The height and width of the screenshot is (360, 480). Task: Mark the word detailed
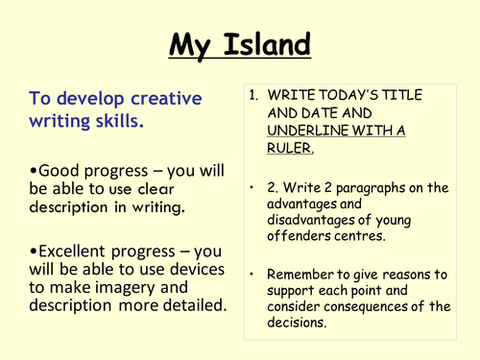[193, 309]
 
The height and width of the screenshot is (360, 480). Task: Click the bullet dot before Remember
[253, 271]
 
